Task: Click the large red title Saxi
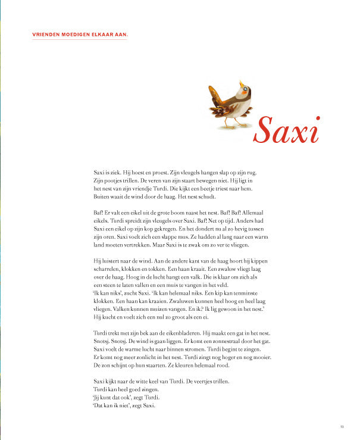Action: [286, 130]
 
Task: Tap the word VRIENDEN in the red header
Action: [46, 35]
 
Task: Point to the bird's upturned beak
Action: [241, 83]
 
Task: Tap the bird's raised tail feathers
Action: [214, 92]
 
